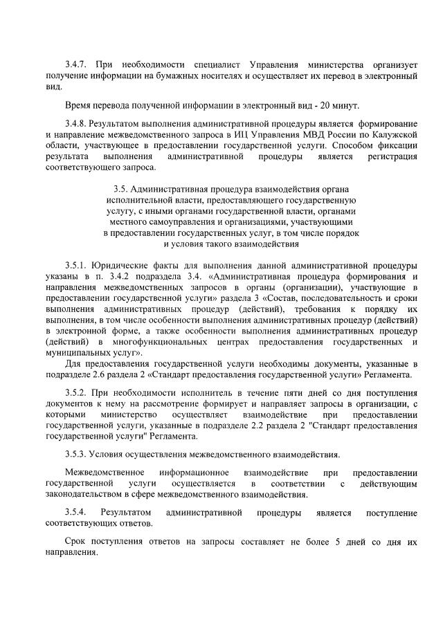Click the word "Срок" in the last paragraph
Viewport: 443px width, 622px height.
tap(77, 542)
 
